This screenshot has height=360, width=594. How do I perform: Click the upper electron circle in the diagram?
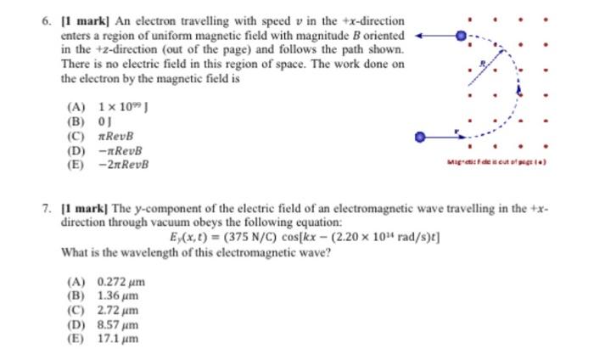[x=461, y=37]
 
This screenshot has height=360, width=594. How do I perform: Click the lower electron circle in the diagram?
[x=419, y=136]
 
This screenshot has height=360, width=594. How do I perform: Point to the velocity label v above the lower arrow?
[x=457, y=130]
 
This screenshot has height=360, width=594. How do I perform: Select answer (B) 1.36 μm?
[x=103, y=295]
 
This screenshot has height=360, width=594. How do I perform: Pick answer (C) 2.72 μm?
[x=103, y=310]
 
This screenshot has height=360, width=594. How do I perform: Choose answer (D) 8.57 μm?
[x=103, y=324]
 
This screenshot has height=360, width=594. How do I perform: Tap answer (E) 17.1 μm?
[x=103, y=338]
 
